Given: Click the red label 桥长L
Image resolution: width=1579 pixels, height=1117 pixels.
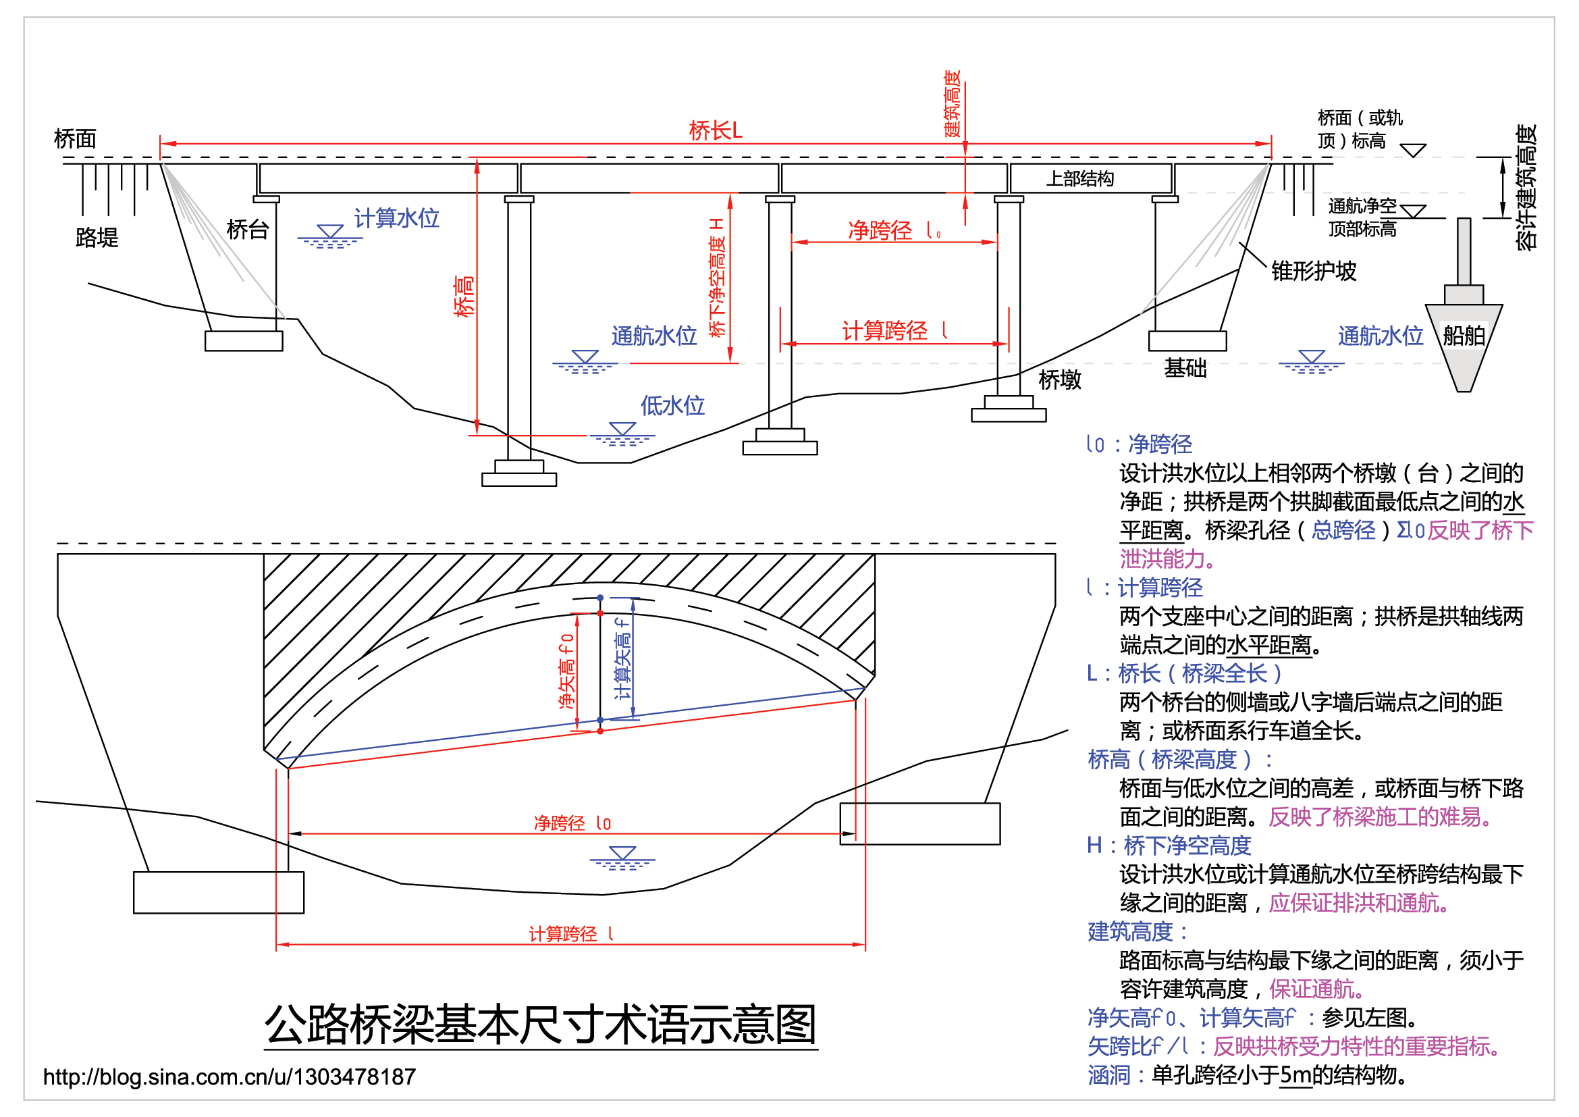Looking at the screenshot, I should click(715, 130).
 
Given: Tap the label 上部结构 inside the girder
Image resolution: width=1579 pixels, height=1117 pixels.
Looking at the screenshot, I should click(1079, 179).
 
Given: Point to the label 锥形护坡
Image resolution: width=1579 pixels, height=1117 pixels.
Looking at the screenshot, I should click(1313, 271).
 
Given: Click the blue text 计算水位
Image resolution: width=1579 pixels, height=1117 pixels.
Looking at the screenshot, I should click(396, 218).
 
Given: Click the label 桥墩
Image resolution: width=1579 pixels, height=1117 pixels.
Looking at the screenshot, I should click(1059, 379).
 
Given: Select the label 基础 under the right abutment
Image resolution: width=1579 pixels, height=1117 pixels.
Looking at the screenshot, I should click(1184, 368).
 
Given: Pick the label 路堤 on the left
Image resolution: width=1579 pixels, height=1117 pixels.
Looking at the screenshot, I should click(97, 237).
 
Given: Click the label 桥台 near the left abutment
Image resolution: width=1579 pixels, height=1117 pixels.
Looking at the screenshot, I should click(247, 229).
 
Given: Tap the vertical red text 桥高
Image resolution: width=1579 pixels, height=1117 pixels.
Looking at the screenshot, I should click(464, 296).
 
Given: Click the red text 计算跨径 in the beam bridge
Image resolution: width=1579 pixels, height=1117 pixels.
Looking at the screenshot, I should click(885, 331).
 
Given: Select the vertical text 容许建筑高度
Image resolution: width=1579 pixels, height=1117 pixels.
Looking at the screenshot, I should click(1526, 187).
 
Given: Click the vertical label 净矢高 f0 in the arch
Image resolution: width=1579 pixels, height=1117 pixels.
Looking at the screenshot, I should click(566, 671).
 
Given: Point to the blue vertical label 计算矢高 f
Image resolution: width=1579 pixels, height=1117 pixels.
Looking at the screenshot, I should click(622, 658).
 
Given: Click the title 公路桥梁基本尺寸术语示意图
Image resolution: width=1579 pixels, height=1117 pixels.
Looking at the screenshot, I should click(541, 1024).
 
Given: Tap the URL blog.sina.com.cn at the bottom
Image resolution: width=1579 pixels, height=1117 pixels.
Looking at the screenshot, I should click(229, 1076).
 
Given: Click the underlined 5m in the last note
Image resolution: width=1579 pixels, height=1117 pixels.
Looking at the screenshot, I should click(1295, 1075).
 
